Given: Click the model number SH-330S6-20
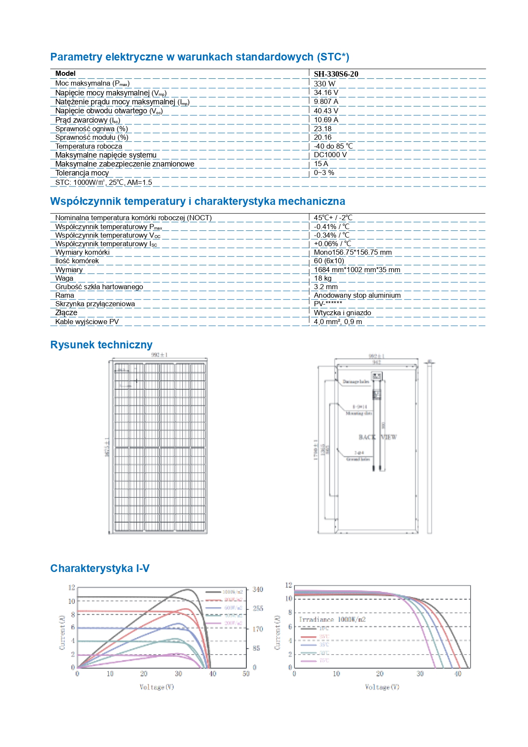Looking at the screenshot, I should click(336, 74).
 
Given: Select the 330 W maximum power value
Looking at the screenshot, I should click(324, 84).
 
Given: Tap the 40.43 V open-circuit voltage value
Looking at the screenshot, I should click(326, 111).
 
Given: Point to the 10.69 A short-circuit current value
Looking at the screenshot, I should click(326, 120).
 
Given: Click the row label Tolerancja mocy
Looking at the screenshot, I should click(82, 173).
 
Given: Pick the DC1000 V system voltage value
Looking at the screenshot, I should click(330, 155).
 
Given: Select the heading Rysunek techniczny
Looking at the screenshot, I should click(101, 345).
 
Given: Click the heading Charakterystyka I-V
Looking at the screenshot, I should click(100, 569).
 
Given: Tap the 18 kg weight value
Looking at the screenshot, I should click(323, 279).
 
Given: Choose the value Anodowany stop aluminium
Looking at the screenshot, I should click(357, 296).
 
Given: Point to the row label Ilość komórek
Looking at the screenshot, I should click(77, 261).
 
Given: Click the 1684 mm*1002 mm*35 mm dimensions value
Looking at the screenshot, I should click(357, 270).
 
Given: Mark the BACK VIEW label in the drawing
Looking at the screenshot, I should click(377, 437).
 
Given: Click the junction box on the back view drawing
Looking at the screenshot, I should click(377, 376).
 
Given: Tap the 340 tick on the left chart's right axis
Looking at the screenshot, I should click(258, 589).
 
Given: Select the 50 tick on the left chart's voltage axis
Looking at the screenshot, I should click(246, 674).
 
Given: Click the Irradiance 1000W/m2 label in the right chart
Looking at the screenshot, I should click(332, 620).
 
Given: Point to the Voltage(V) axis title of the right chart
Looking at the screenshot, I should click(382, 687).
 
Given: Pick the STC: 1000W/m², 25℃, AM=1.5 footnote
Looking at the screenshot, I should click(103, 182).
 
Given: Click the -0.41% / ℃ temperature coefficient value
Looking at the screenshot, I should click(331, 227).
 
